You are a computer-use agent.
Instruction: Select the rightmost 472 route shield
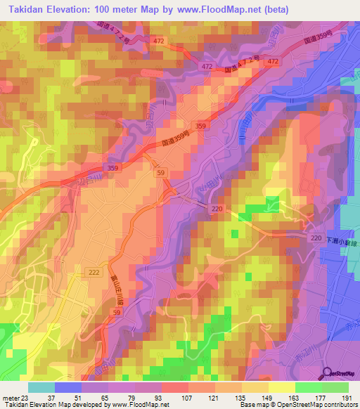tap(273, 63)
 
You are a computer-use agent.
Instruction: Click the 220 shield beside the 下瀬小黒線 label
tap(316, 240)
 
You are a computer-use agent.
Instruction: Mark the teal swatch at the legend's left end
tap(41, 387)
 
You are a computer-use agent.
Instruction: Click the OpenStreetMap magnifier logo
tap(327, 374)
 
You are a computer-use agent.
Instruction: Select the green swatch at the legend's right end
tap(335, 387)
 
